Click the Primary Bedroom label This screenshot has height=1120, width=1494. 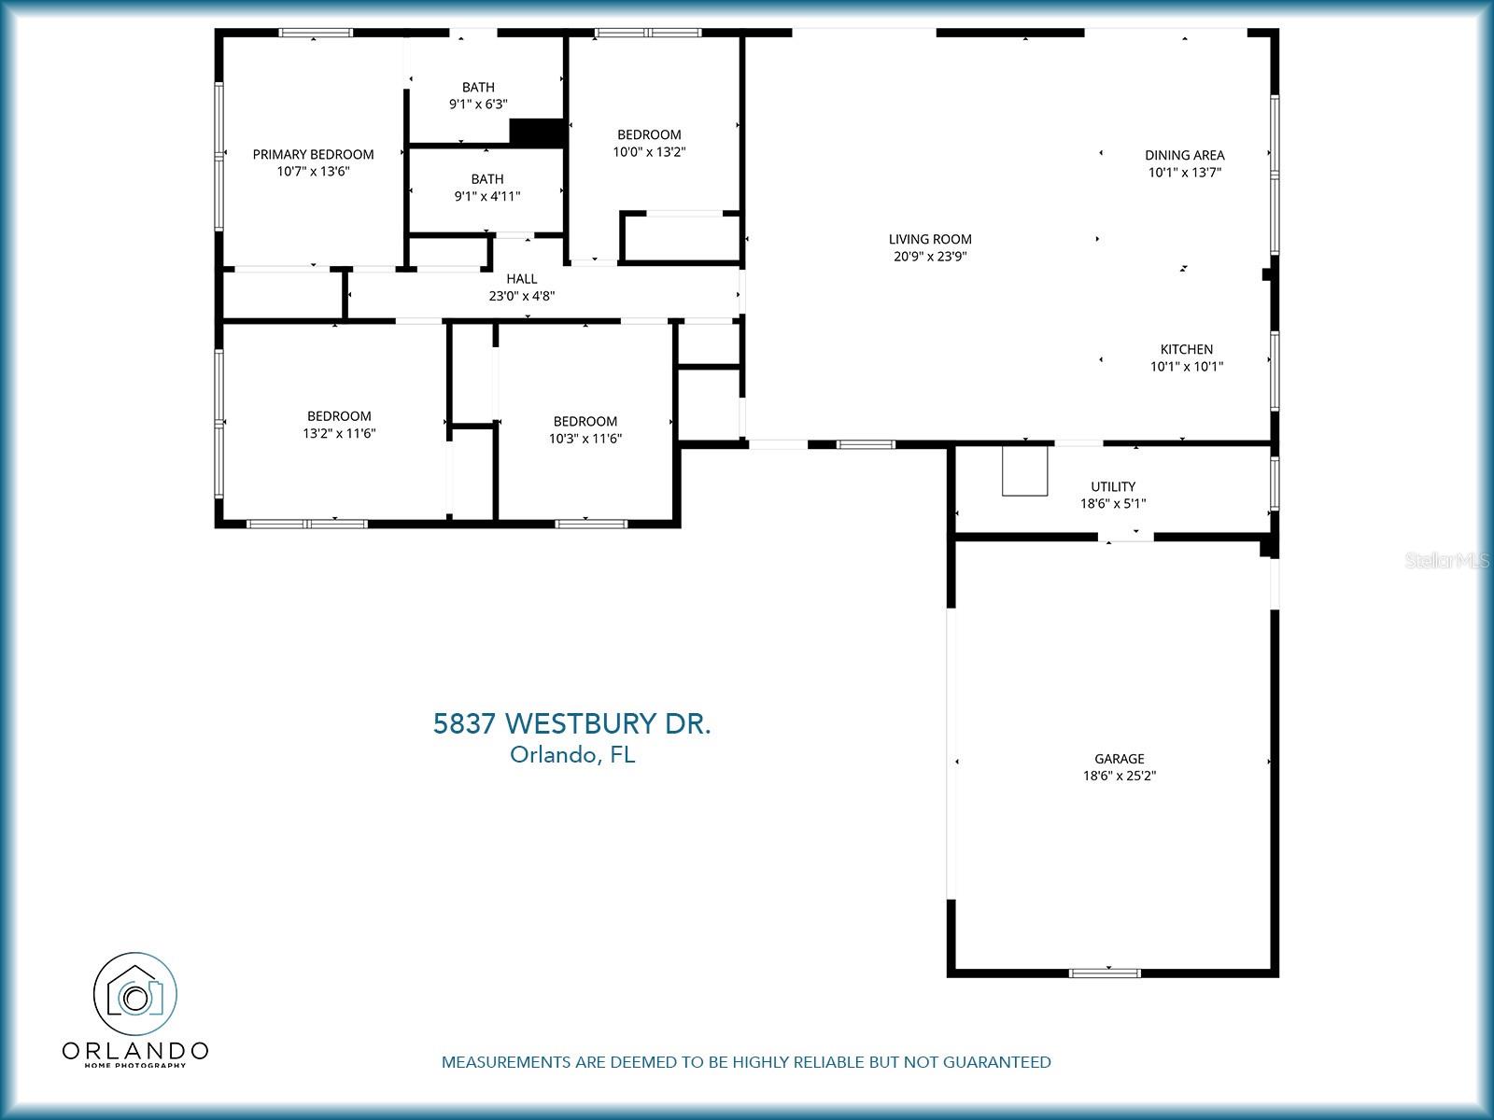coord(313,154)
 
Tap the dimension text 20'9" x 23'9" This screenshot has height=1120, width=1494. coord(929,257)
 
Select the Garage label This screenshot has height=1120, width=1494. coord(1119,759)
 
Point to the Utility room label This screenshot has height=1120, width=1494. coord(1113,486)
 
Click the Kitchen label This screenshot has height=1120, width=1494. coord(1186,349)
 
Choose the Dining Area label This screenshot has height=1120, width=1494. coord(1184,155)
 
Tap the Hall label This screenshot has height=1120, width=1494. coord(521,278)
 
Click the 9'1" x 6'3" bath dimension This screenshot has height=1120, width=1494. coord(478,105)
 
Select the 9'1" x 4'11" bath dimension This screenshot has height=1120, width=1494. coord(486,196)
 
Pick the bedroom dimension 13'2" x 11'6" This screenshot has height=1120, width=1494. coord(339,433)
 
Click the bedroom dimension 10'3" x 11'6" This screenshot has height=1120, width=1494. coord(585,438)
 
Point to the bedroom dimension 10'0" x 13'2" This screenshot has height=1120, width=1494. coord(649,151)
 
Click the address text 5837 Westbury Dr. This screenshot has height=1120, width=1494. coord(571,723)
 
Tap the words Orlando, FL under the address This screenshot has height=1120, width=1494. coord(571,755)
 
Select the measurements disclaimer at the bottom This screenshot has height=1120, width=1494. coord(746,1062)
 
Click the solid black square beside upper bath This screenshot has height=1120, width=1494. coord(537,133)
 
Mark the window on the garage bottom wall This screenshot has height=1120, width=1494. coord(1105,973)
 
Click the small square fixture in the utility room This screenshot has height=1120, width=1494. coord(1025,470)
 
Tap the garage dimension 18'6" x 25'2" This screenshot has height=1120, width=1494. coord(1119,776)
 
